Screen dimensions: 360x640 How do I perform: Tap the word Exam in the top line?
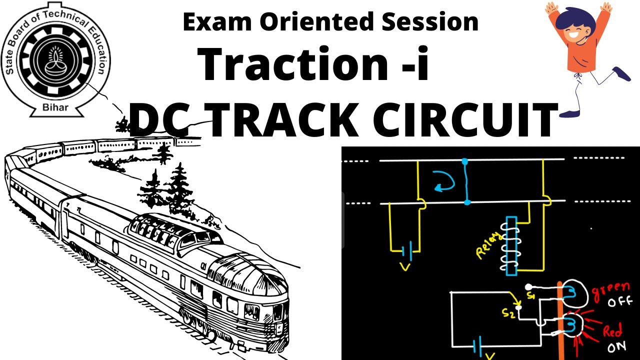209,22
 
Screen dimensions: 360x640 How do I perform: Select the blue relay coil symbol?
511,245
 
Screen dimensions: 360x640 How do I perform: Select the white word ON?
616,347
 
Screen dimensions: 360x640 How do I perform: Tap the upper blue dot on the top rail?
465,161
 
